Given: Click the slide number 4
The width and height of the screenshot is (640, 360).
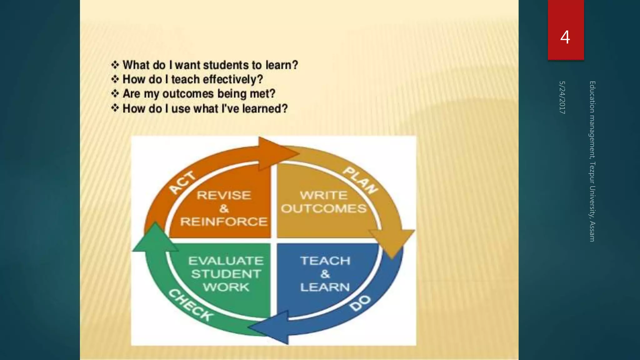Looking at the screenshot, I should click(x=565, y=37).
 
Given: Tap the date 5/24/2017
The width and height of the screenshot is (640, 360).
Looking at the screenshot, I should click(x=562, y=97).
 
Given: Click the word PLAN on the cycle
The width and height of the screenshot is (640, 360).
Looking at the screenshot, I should click(x=361, y=180).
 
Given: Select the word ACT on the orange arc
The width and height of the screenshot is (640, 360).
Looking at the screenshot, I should click(x=182, y=182).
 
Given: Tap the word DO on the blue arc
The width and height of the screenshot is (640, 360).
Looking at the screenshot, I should click(x=360, y=302).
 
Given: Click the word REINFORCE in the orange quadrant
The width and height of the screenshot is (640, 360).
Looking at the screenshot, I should click(x=224, y=222).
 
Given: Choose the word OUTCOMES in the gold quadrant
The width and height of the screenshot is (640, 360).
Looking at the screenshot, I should click(x=324, y=208).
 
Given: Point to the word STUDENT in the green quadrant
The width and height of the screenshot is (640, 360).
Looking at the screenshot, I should click(x=226, y=274).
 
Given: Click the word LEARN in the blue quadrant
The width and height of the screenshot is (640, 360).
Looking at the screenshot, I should click(x=325, y=287).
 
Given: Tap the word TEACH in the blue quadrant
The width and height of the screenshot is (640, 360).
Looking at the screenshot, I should click(x=325, y=261).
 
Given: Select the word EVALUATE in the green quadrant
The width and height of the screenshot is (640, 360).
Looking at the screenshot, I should click(x=226, y=261).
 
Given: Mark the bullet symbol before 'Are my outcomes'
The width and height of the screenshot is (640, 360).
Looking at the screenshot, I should click(x=115, y=93).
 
